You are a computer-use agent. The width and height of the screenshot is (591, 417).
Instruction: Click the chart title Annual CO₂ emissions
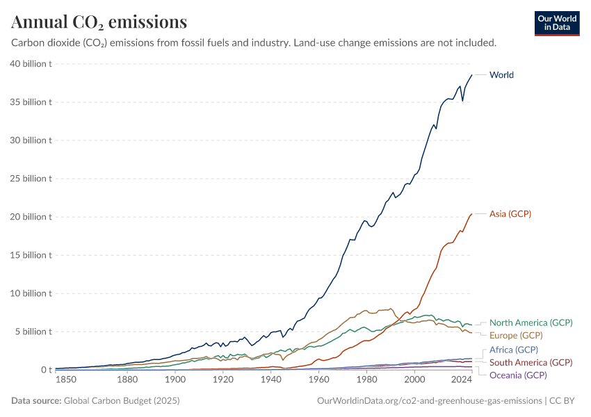[x=99, y=22]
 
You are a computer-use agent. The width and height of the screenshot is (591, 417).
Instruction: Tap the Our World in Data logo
[x=557, y=22]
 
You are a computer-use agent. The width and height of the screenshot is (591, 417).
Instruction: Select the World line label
[x=501, y=75]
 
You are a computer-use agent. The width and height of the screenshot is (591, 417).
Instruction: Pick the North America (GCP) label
[x=531, y=322]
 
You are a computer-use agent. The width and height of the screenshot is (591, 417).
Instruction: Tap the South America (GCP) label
[x=531, y=363]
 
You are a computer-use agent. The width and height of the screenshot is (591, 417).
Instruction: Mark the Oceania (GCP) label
[x=518, y=376]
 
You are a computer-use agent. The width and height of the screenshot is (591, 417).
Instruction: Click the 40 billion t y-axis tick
[x=31, y=64]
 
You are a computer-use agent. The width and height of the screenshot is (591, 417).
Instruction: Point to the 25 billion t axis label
[x=31, y=179]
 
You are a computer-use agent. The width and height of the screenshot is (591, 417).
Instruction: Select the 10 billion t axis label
[x=31, y=293]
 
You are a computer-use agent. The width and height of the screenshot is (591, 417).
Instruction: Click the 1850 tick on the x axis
[x=66, y=381]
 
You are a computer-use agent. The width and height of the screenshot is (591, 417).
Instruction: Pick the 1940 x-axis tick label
[x=270, y=381]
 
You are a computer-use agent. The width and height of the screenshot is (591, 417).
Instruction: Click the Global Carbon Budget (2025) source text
[x=119, y=401]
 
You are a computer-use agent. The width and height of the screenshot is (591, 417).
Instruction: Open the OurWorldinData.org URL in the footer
[x=429, y=401]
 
